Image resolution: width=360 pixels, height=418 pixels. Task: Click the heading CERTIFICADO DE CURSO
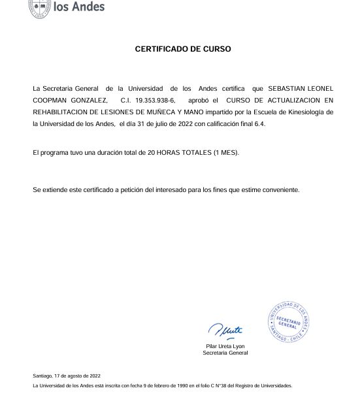pyautogui.click(x=183, y=49)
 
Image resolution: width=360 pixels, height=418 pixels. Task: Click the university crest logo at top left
pyautogui.click(x=39, y=8)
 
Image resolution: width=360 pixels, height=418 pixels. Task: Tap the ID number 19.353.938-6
pyautogui.click(x=155, y=100)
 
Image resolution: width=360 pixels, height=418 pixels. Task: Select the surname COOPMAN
pyautogui.click(x=54, y=100)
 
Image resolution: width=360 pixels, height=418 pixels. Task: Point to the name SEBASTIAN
pyautogui.click(x=287, y=88)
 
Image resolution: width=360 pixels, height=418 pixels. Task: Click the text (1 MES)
pyautogui.click(x=226, y=153)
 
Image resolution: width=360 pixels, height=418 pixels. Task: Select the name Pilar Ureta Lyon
pyautogui.click(x=225, y=346)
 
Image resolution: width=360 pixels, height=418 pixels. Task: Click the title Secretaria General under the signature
pyautogui.click(x=225, y=353)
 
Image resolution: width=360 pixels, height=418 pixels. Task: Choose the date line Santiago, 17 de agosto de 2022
pyautogui.click(x=67, y=376)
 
